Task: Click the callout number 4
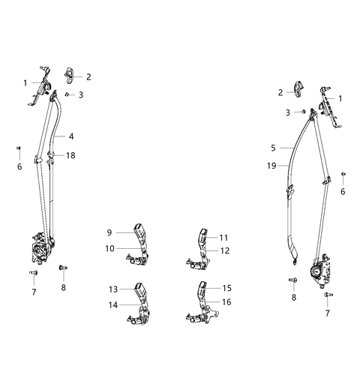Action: (72, 136)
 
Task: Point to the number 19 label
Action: (271, 165)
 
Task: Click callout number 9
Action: (109, 232)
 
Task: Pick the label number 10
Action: (109, 248)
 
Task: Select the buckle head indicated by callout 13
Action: (139, 288)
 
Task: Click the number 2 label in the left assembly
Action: (88, 76)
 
